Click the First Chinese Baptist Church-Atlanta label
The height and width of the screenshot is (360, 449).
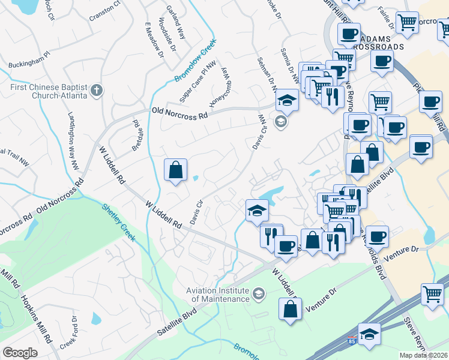[46, 91]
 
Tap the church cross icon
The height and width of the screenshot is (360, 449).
[97, 91]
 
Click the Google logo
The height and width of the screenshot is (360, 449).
[20, 353]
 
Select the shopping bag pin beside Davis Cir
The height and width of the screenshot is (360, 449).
[175, 170]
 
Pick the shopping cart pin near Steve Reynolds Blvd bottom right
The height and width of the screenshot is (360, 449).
[432, 294]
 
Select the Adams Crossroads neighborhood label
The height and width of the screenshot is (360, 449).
[379, 41]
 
